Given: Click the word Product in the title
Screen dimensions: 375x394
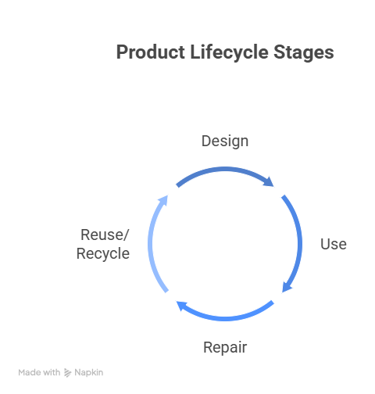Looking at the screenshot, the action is point(151,52).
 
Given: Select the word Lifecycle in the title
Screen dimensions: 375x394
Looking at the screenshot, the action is point(229,53).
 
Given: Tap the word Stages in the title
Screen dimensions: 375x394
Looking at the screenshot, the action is point(304,53).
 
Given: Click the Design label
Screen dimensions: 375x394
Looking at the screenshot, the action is point(225,141).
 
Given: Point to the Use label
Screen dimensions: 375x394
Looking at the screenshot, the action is point(334,245).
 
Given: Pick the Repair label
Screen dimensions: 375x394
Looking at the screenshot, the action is point(225,348).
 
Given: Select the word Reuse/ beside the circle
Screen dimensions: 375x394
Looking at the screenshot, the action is point(105,235).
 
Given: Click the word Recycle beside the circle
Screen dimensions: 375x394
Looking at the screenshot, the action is point(103,254).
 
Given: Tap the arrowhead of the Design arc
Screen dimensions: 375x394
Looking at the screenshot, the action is point(269,181).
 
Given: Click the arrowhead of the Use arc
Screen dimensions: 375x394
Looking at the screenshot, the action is point(287,287).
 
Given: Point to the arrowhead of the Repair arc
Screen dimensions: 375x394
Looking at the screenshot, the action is point(181,306).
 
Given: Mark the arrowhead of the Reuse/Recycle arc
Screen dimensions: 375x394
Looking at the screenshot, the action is point(163,200).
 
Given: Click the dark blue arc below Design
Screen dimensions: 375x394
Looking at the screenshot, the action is point(225,170).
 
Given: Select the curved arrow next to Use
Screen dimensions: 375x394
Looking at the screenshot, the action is point(300,244).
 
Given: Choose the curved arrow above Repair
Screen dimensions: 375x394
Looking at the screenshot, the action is point(225,318).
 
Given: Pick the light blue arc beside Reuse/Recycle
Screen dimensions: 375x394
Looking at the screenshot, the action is point(150,244).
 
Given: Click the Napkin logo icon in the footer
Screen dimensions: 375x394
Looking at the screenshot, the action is point(67,373).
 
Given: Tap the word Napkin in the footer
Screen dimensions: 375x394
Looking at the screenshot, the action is point(89,373).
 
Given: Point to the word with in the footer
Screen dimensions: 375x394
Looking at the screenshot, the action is point(52,373).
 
